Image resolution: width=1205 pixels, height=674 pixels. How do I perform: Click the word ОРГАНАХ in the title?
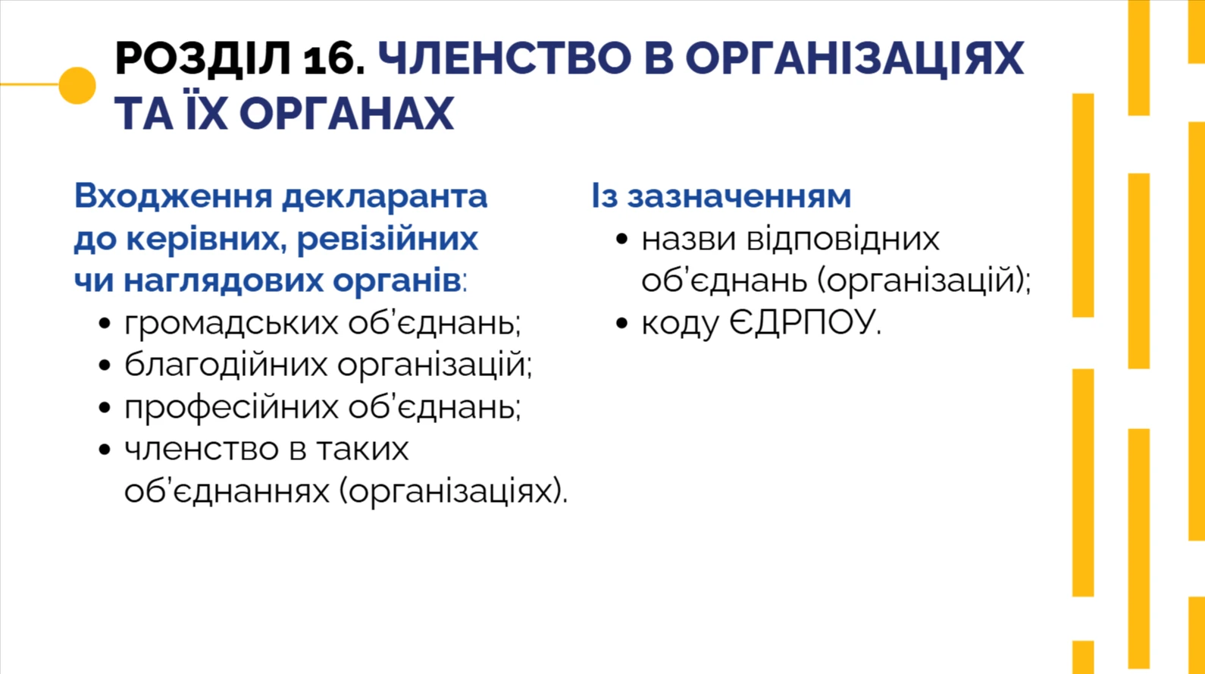pos(346,114)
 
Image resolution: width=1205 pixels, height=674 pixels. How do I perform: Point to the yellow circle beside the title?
pos(77,85)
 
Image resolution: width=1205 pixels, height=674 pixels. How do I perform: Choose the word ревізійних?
pos(387,239)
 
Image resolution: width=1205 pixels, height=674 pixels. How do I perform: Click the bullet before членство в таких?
pos(105,450)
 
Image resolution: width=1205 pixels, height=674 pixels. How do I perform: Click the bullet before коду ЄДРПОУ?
pos(622,324)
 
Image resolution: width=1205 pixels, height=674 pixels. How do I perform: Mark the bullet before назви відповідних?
pos(622,240)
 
